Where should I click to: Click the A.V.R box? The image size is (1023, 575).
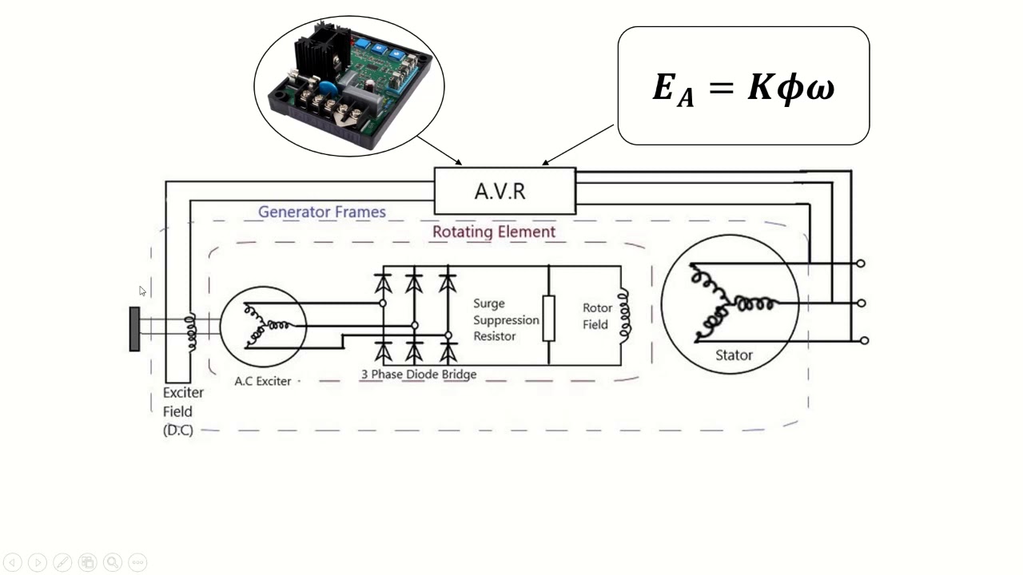(x=504, y=192)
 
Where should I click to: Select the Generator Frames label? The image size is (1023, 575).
(x=321, y=212)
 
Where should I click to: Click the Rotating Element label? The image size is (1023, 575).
(x=493, y=232)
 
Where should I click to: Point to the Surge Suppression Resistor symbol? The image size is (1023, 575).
(x=548, y=318)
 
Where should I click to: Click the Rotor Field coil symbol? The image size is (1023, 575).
(x=623, y=316)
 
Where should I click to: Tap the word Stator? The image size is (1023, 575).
(x=733, y=355)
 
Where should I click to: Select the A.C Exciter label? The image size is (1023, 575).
(x=262, y=381)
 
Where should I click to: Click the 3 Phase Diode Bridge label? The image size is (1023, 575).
(x=418, y=375)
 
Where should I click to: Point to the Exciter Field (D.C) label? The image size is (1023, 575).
(x=183, y=411)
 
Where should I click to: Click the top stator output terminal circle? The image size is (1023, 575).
(x=861, y=264)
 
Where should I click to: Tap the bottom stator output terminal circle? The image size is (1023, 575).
(x=864, y=340)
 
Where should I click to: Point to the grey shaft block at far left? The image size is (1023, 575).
(x=134, y=329)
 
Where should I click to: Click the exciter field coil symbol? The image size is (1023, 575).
(x=190, y=333)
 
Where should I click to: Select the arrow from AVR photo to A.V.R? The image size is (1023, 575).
(x=439, y=151)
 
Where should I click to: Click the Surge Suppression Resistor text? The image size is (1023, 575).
(x=505, y=319)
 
